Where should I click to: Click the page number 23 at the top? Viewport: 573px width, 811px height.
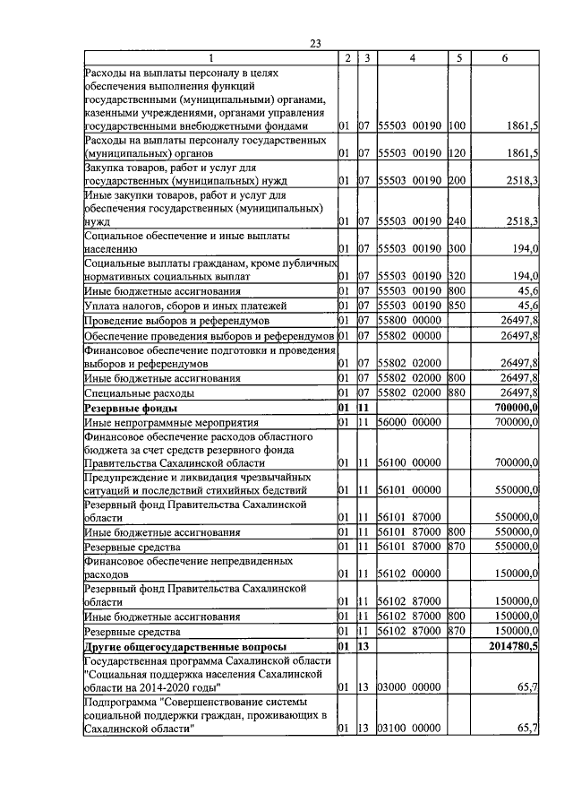(314, 43)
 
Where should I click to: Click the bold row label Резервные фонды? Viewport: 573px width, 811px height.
(122, 408)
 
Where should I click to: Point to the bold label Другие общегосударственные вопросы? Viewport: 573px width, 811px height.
(185, 646)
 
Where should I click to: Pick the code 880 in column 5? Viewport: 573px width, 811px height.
(458, 393)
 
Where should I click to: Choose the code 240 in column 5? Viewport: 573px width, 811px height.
(458, 220)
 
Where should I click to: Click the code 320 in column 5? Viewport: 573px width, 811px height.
(458, 276)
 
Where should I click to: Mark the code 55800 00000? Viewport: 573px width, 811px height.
(408, 320)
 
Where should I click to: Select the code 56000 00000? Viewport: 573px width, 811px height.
(408, 422)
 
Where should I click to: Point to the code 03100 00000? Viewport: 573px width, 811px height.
(408, 729)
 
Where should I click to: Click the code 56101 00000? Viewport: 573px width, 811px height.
(408, 490)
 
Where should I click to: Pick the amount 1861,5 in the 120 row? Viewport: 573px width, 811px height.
(519, 153)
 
